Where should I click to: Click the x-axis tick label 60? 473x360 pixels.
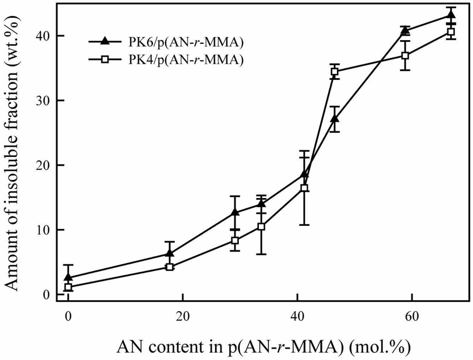(x=412, y=316)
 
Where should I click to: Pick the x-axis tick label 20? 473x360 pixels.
(x=182, y=316)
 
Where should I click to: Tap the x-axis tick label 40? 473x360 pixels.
(x=297, y=316)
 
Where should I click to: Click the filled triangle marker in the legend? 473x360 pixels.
(x=105, y=41)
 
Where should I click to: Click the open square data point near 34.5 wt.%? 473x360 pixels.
(x=335, y=72)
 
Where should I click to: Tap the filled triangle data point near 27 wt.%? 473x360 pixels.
(x=335, y=119)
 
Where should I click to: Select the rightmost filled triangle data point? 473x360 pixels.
(x=450, y=15)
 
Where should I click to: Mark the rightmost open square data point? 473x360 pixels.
(x=450, y=32)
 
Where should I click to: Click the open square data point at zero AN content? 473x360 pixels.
(x=68, y=287)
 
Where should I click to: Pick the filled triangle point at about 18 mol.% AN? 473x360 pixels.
(x=170, y=253)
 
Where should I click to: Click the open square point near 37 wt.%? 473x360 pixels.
(x=406, y=55)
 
